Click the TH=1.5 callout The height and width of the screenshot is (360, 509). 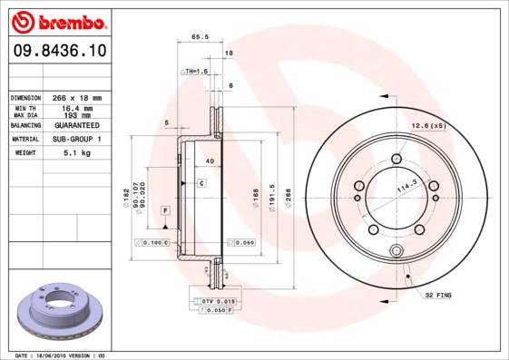tap(195, 71)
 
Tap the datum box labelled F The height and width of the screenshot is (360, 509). tap(166, 210)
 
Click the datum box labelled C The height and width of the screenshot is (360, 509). tap(201, 182)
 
